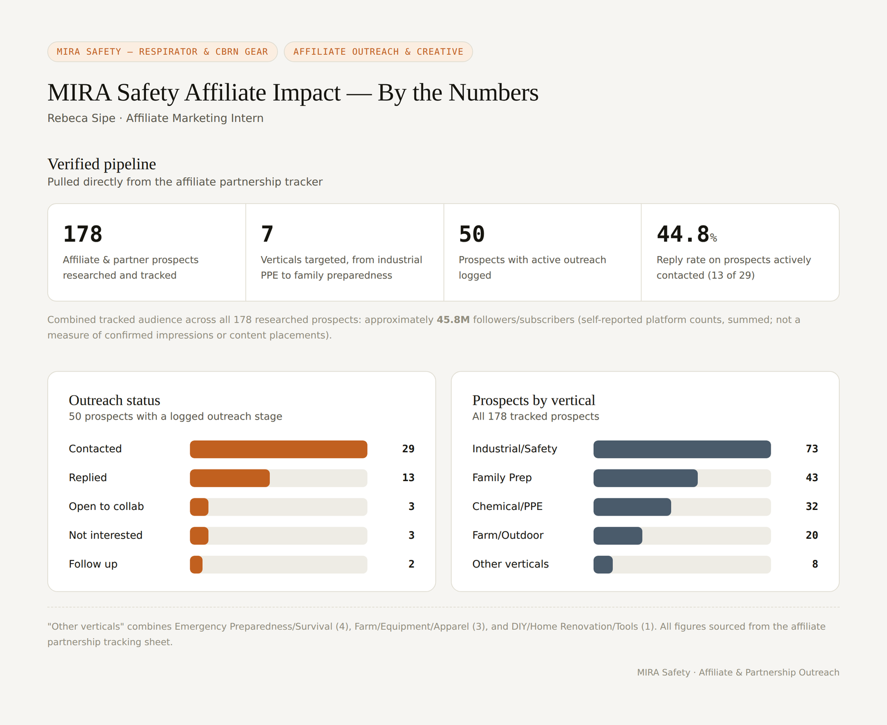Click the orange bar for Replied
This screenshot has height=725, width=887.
coord(230,478)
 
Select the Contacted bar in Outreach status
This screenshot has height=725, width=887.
coord(278,449)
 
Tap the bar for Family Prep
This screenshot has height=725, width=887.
coord(645,478)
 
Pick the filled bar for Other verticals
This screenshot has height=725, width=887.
coord(603,564)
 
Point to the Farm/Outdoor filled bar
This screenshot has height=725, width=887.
coord(618,536)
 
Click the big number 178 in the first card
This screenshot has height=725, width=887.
coord(83,234)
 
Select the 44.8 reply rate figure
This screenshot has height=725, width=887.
coord(683,234)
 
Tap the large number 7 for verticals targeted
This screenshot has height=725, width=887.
coord(267,234)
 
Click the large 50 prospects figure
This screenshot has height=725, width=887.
coord(471,234)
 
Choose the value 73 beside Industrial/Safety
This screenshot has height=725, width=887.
coord(812,449)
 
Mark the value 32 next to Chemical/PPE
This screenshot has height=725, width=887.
coord(812,506)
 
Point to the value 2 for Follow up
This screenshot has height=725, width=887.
coord(411,564)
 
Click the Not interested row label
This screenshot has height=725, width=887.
coord(105,535)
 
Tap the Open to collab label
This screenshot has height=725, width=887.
coord(106,506)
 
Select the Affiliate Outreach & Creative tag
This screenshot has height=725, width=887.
coord(378,52)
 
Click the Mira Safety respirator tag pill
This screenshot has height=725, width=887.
coord(162,52)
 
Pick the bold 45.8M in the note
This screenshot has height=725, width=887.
coord(453,320)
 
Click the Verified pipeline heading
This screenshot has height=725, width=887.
coord(102,164)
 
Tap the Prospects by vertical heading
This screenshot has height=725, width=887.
coord(534,400)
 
